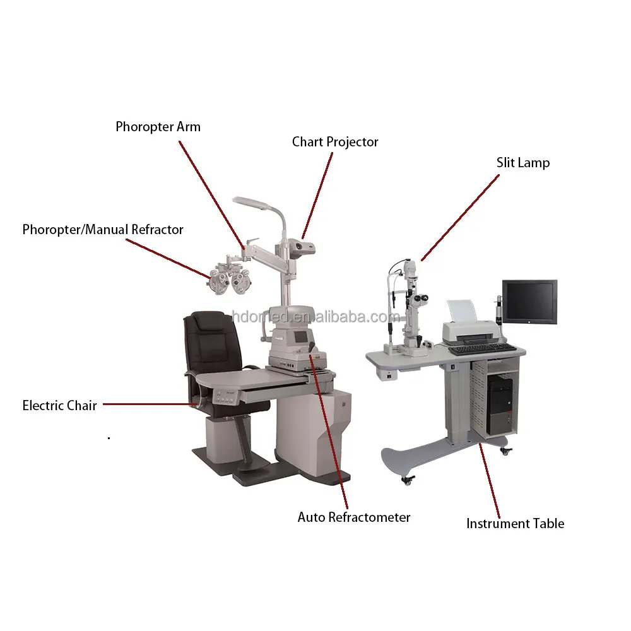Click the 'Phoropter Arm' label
(x=158, y=127)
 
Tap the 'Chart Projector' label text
(x=335, y=142)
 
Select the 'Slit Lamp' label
(x=522, y=163)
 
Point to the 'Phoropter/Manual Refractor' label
(x=103, y=230)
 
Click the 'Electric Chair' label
(x=60, y=405)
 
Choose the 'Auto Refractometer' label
(x=354, y=517)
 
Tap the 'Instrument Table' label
(x=515, y=523)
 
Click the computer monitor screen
(x=529, y=301)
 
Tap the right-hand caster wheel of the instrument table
(x=505, y=451)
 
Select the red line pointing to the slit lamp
(x=460, y=216)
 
